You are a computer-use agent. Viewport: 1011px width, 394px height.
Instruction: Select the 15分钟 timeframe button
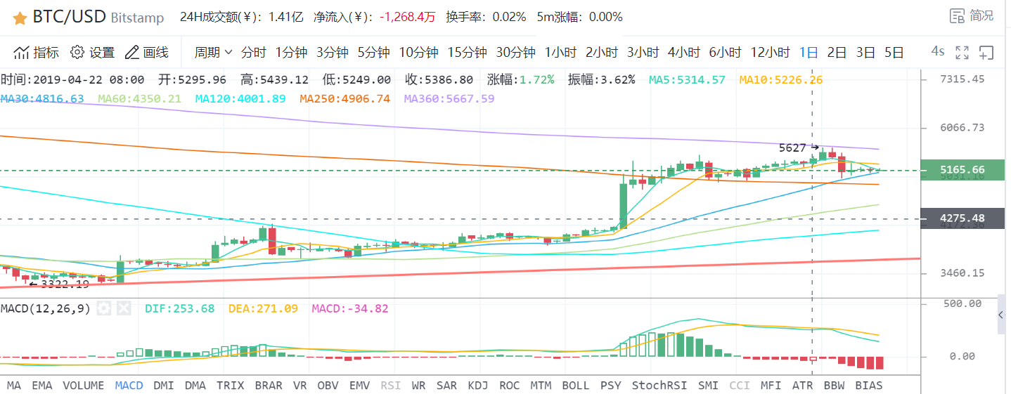coord(467,52)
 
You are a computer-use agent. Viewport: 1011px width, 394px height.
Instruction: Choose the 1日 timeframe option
coord(809,52)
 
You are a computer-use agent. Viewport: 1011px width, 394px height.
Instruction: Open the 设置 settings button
coord(93,52)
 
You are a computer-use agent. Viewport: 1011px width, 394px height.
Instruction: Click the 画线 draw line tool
coord(146,52)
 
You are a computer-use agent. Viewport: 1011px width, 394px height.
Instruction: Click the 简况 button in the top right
coord(972,15)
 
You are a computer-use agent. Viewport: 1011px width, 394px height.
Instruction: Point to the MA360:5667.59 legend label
coord(449,98)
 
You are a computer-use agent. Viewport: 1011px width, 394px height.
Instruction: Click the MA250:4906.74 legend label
coord(344,98)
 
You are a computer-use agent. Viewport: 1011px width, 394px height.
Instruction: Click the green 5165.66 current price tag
coord(962,170)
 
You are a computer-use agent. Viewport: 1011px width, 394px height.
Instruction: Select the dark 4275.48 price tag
coord(962,218)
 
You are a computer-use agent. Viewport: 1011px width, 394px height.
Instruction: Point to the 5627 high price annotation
coord(792,147)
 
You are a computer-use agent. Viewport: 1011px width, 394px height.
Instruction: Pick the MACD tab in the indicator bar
coord(129,385)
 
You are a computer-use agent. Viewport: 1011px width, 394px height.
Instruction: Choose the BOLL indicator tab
coord(575,385)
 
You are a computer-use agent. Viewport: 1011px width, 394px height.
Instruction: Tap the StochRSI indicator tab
coord(659,385)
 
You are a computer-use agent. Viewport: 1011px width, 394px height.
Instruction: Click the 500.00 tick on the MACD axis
coord(965,303)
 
